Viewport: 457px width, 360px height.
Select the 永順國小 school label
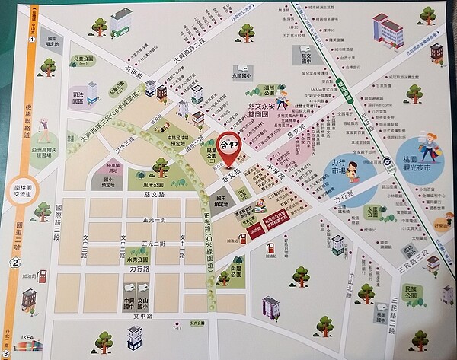(241, 76)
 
